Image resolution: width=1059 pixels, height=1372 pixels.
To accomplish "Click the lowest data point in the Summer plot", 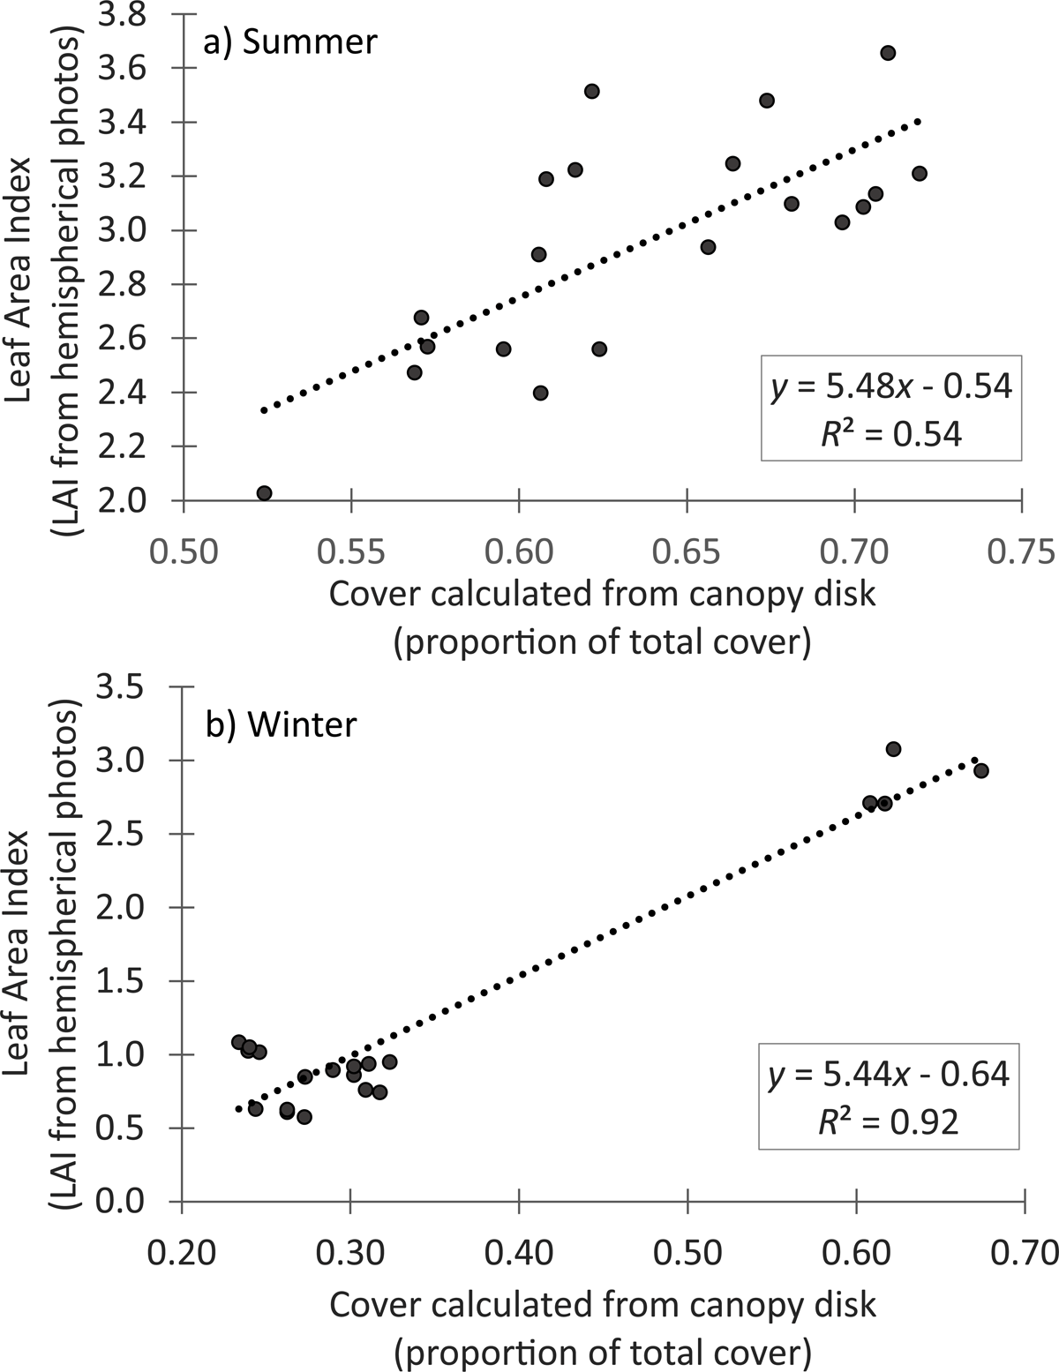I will click(264, 493).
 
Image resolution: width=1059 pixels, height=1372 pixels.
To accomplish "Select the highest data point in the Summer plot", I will click(888, 53).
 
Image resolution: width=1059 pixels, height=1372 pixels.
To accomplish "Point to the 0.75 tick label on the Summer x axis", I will click(1021, 552).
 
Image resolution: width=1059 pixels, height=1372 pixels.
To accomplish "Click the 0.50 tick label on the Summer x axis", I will click(184, 552).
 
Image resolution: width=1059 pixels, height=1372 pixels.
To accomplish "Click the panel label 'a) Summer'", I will click(290, 42).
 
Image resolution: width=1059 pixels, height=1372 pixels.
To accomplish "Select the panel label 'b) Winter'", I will click(281, 724).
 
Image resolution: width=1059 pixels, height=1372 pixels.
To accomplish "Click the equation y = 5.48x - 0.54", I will click(890, 387).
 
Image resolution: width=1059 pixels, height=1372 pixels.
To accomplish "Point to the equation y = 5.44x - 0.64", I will click(890, 1074).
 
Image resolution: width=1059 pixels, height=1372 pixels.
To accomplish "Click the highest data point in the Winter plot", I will click(893, 749).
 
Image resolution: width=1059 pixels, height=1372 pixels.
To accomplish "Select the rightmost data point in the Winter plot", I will click(980, 770).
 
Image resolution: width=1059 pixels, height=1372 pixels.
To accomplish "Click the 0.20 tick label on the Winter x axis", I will click(182, 1252).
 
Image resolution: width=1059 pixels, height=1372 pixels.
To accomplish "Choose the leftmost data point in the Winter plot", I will click(238, 1042).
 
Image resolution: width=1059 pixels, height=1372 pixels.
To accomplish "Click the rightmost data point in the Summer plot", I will click(920, 173).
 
